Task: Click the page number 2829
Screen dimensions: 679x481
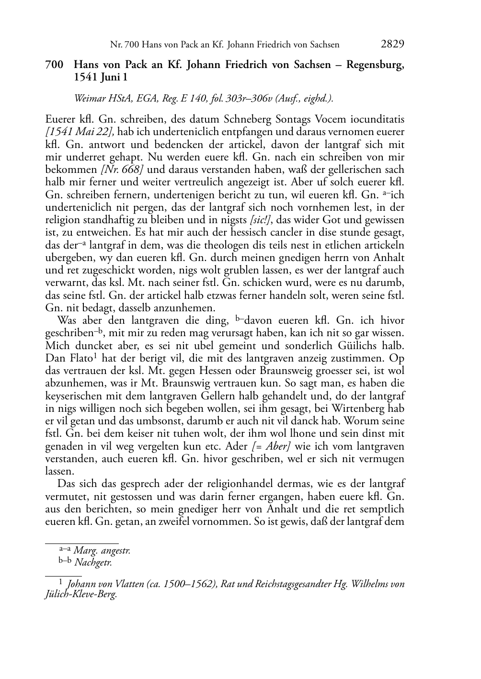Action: (392, 45)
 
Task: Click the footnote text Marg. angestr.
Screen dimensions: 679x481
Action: (102, 551)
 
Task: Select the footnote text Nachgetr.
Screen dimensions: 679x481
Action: (93, 563)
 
